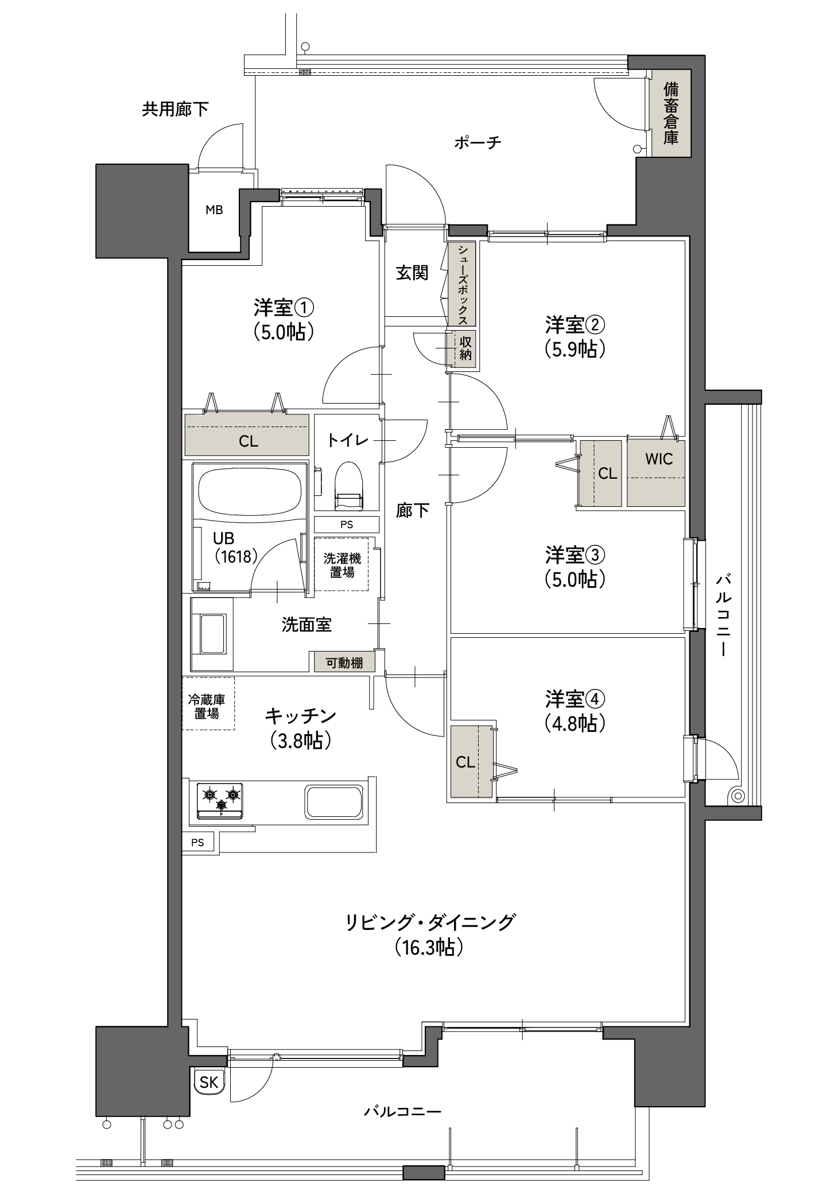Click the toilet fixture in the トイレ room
click(348, 486)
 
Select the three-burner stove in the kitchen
click(220, 800)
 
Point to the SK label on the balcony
click(209, 1082)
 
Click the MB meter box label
click(214, 210)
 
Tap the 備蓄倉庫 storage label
click(670, 113)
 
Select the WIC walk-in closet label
click(658, 459)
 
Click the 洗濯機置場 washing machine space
click(342, 565)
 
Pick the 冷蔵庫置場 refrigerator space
click(207, 707)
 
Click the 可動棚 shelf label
click(344, 662)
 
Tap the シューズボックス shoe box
click(463, 284)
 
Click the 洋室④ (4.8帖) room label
click(575, 712)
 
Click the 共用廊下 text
click(175, 109)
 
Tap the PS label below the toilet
click(346, 524)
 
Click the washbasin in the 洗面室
click(212, 633)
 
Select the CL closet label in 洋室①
click(249, 441)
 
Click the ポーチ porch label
click(478, 142)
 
